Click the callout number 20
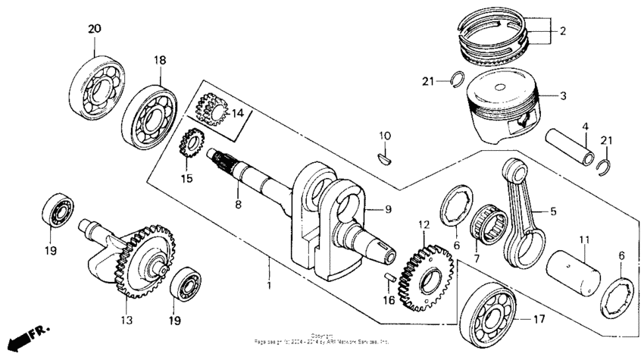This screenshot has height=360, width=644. pos(94,29)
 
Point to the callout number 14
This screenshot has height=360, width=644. pos(238,114)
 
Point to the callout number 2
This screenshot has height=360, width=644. pos(562,32)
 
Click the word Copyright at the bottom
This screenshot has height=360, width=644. pos(322,335)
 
